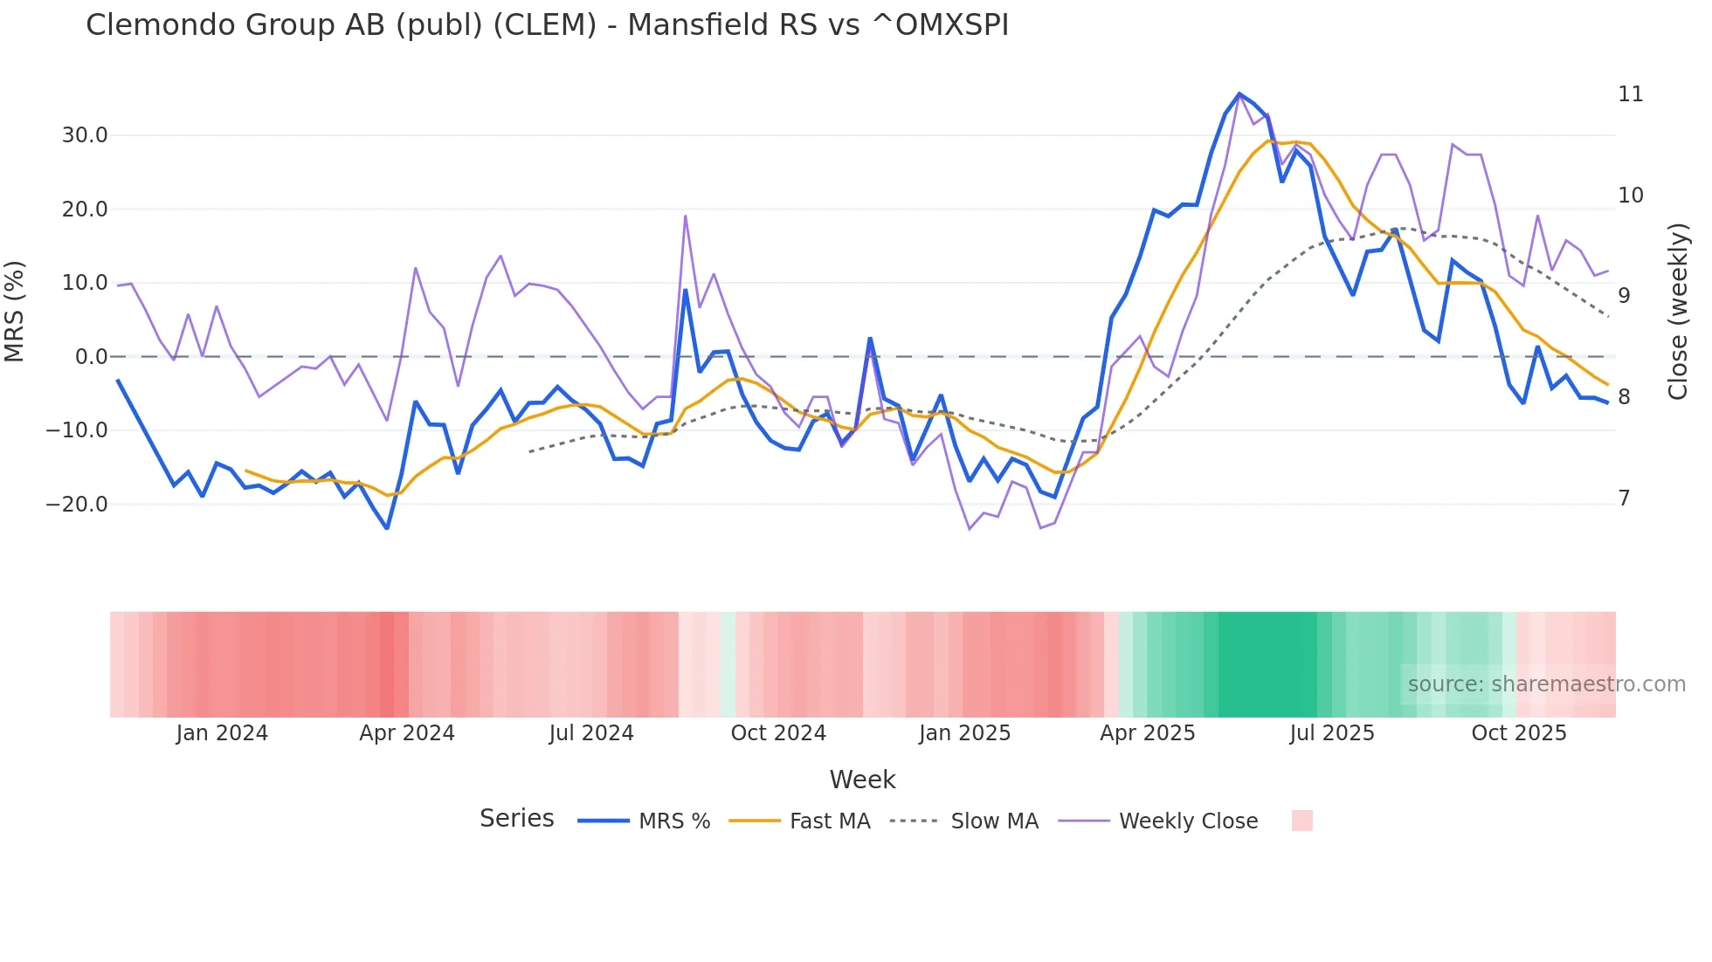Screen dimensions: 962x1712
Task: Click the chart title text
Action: (547, 25)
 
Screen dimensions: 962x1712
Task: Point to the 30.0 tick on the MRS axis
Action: (85, 135)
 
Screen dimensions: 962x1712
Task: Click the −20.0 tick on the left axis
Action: (77, 505)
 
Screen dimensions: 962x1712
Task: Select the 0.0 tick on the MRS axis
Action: (91, 357)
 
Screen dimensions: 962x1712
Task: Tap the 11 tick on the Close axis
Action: (1630, 94)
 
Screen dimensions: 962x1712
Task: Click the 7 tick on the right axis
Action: (1624, 498)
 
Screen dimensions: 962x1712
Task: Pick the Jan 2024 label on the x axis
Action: (222, 733)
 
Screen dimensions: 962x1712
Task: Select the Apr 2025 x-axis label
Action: (1147, 733)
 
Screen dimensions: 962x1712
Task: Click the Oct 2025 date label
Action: (1518, 733)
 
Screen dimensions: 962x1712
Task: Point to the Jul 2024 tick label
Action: (591, 733)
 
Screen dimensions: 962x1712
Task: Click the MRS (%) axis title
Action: (15, 312)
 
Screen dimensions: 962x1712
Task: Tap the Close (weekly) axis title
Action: (1677, 312)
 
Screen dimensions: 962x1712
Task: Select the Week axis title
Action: (862, 780)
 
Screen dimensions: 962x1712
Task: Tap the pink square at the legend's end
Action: (1301, 821)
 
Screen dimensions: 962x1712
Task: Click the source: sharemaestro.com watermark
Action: (1546, 684)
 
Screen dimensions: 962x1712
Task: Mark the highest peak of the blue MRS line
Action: (1239, 93)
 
